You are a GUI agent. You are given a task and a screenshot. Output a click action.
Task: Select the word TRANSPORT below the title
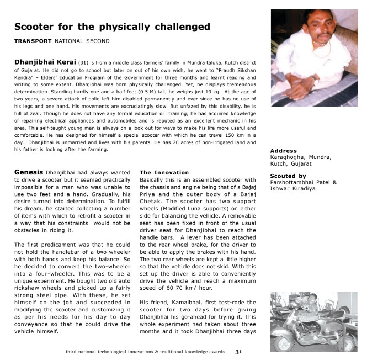31,41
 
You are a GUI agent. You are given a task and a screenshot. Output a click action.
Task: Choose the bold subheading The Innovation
164,172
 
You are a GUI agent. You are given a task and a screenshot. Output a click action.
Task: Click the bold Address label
284,151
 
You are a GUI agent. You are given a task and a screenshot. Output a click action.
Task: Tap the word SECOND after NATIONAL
98,41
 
